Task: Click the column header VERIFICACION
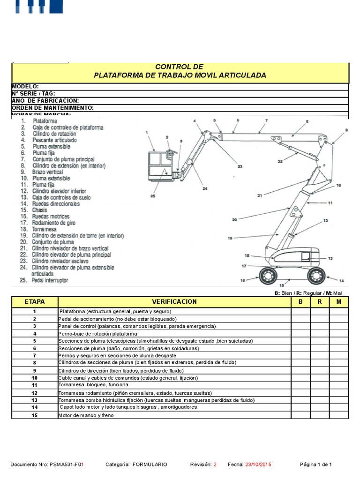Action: click(174, 301)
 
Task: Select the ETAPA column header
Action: click(34, 301)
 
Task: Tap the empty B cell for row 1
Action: click(300, 311)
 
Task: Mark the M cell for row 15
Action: click(338, 415)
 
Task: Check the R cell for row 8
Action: click(319, 363)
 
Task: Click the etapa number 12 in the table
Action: click(34, 393)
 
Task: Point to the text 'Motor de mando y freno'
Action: click(86, 415)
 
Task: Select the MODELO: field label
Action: click(25, 86)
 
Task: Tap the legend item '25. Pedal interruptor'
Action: click(45, 280)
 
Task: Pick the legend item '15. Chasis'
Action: click(39, 210)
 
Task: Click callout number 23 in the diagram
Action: click(240, 166)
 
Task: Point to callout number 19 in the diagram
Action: click(230, 238)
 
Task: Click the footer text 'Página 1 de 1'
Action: click(316, 465)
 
